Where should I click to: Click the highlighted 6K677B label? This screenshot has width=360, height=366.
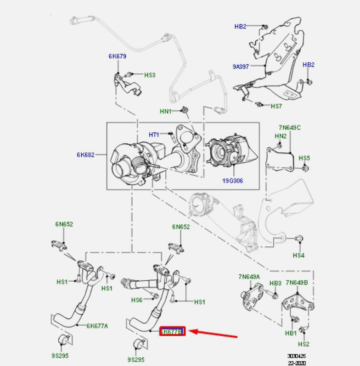pos(172,331)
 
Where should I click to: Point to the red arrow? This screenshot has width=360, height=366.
pos(214,333)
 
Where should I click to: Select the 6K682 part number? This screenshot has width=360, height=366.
pos(85,155)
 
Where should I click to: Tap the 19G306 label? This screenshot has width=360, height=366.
pos(233,181)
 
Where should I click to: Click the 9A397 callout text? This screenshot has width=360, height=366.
pos(241,67)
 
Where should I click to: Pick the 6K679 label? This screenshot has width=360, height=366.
pos(118,56)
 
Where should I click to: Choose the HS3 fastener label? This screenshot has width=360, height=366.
pos(150,75)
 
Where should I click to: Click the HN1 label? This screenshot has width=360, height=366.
pos(165,111)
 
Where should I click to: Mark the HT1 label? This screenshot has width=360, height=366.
pos(154,134)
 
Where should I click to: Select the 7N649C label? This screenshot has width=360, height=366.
pos(289,127)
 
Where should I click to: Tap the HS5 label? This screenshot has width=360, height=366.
pos(304,158)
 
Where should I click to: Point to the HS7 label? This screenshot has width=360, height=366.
pos(276,106)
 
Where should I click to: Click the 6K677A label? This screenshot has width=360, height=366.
pos(98,326)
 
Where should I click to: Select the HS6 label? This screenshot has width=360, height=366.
pos(137,300)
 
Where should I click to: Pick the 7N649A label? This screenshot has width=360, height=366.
pos(249,277)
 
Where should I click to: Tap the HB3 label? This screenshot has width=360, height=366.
pos(275,283)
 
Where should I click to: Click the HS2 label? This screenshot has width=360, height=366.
pos(304,344)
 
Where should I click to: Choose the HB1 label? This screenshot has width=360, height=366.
pos(291,333)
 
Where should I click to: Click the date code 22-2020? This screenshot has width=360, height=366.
pos(296,362)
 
